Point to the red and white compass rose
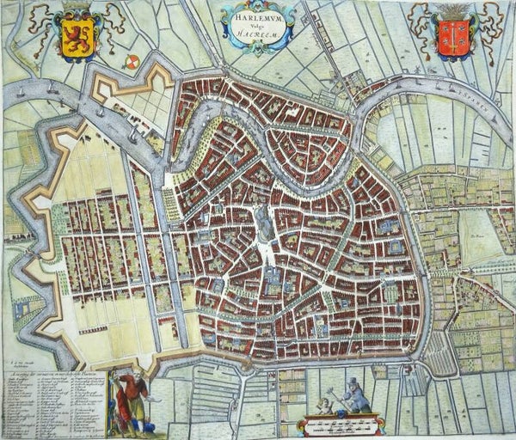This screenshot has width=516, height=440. [x=133, y=62]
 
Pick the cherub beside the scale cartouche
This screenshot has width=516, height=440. [x=322, y=405]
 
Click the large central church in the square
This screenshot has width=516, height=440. [x=263, y=226]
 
